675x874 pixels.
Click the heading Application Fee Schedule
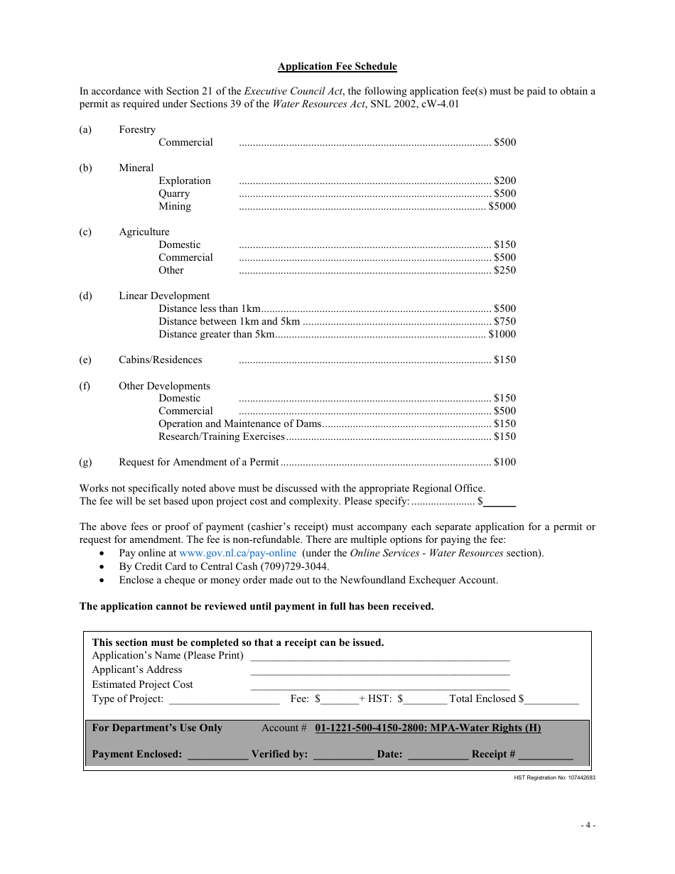coord(337,67)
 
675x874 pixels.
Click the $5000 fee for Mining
coord(502,207)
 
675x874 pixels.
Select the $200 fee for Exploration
coord(504,181)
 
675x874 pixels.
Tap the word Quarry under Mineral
coord(174,194)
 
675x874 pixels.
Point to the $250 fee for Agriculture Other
coord(504,271)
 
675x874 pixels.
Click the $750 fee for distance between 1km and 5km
coord(504,322)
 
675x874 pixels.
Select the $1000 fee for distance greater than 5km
coord(502,335)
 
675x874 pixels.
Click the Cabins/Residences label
coord(160,360)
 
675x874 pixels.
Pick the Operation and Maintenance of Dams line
coord(239,424)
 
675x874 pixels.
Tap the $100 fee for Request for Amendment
coord(504,463)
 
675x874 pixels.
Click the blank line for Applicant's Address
coord(379,670)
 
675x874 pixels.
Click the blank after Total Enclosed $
coord(552,700)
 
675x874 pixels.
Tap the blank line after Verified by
coord(343,755)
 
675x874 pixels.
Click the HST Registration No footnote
coord(554,778)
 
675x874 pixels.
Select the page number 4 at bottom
coord(588,826)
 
